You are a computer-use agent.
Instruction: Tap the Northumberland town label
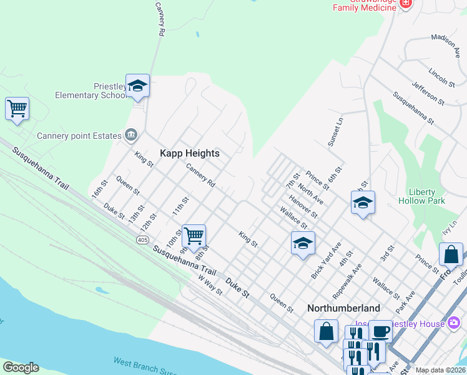[x=343, y=309]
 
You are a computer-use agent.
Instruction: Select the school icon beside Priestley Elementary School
[x=137, y=87]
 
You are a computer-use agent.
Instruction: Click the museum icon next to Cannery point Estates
[x=132, y=134]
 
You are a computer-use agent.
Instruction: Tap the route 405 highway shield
[x=142, y=239]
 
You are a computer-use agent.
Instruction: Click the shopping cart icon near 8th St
[x=194, y=236]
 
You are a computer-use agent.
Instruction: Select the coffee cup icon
[x=380, y=331]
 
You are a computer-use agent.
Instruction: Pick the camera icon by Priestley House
[x=454, y=323]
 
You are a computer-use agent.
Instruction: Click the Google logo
[x=21, y=367]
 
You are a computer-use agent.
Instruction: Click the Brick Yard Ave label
[x=326, y=259]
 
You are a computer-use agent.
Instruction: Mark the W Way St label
[x=210, y=285]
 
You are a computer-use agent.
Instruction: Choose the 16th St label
[x=99, y=188]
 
